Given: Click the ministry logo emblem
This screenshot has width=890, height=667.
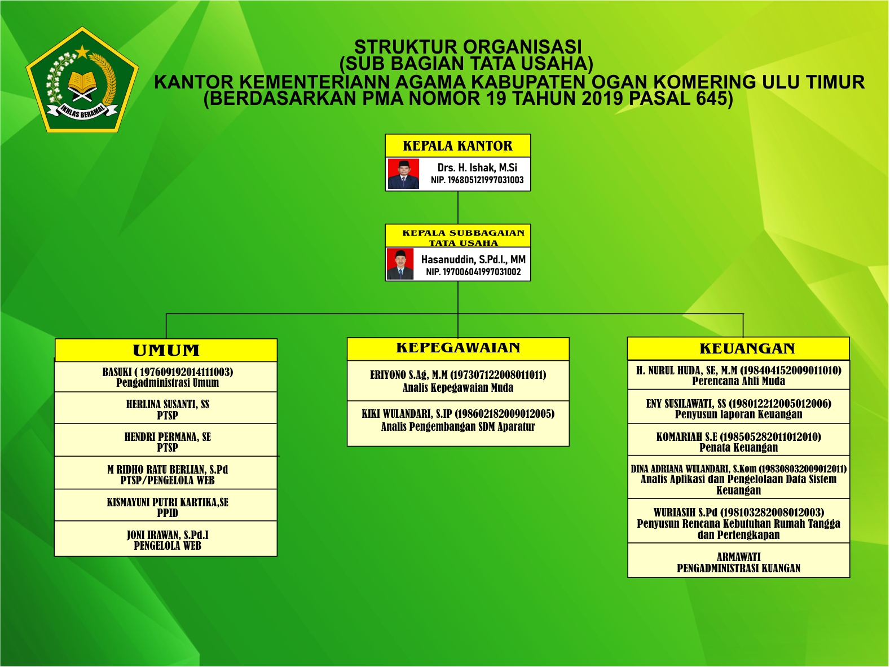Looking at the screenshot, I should coord(82,80).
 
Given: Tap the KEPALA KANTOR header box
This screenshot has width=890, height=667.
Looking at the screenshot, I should coord(457,146).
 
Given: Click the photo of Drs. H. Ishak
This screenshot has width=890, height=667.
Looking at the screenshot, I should coord(403,174).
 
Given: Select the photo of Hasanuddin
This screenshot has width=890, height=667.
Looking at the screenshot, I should coord(400,264).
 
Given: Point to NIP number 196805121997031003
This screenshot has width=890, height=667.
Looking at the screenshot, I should coord(477,180).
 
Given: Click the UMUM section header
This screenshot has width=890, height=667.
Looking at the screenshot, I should coord(166,350).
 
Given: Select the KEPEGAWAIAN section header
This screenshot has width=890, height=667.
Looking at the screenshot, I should coord(458,348).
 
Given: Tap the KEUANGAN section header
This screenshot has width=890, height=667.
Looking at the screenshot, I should coord(738,348).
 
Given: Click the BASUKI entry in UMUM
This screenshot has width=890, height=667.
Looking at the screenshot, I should coord(167,377).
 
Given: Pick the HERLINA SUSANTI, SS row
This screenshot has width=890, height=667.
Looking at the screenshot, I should coord(167,409).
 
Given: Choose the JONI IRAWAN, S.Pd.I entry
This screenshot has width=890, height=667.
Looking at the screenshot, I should coord(167,540).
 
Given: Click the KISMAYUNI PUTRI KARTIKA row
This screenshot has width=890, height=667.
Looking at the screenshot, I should coord(167,507).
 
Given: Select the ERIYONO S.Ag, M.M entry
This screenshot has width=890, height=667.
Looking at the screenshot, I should coord(458,381).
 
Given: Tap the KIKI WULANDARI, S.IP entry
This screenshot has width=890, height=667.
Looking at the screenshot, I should coord(458,420).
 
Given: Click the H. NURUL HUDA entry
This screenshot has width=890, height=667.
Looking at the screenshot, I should coord(738,376).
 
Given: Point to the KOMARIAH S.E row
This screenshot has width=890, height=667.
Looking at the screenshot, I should coord(738,441).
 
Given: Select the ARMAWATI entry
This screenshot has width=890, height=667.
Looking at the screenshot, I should coord(738,562).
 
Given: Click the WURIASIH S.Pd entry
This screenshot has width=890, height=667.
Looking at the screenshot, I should coord(738,523).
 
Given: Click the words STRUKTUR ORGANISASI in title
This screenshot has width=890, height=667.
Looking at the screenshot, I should coord(468,47).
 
